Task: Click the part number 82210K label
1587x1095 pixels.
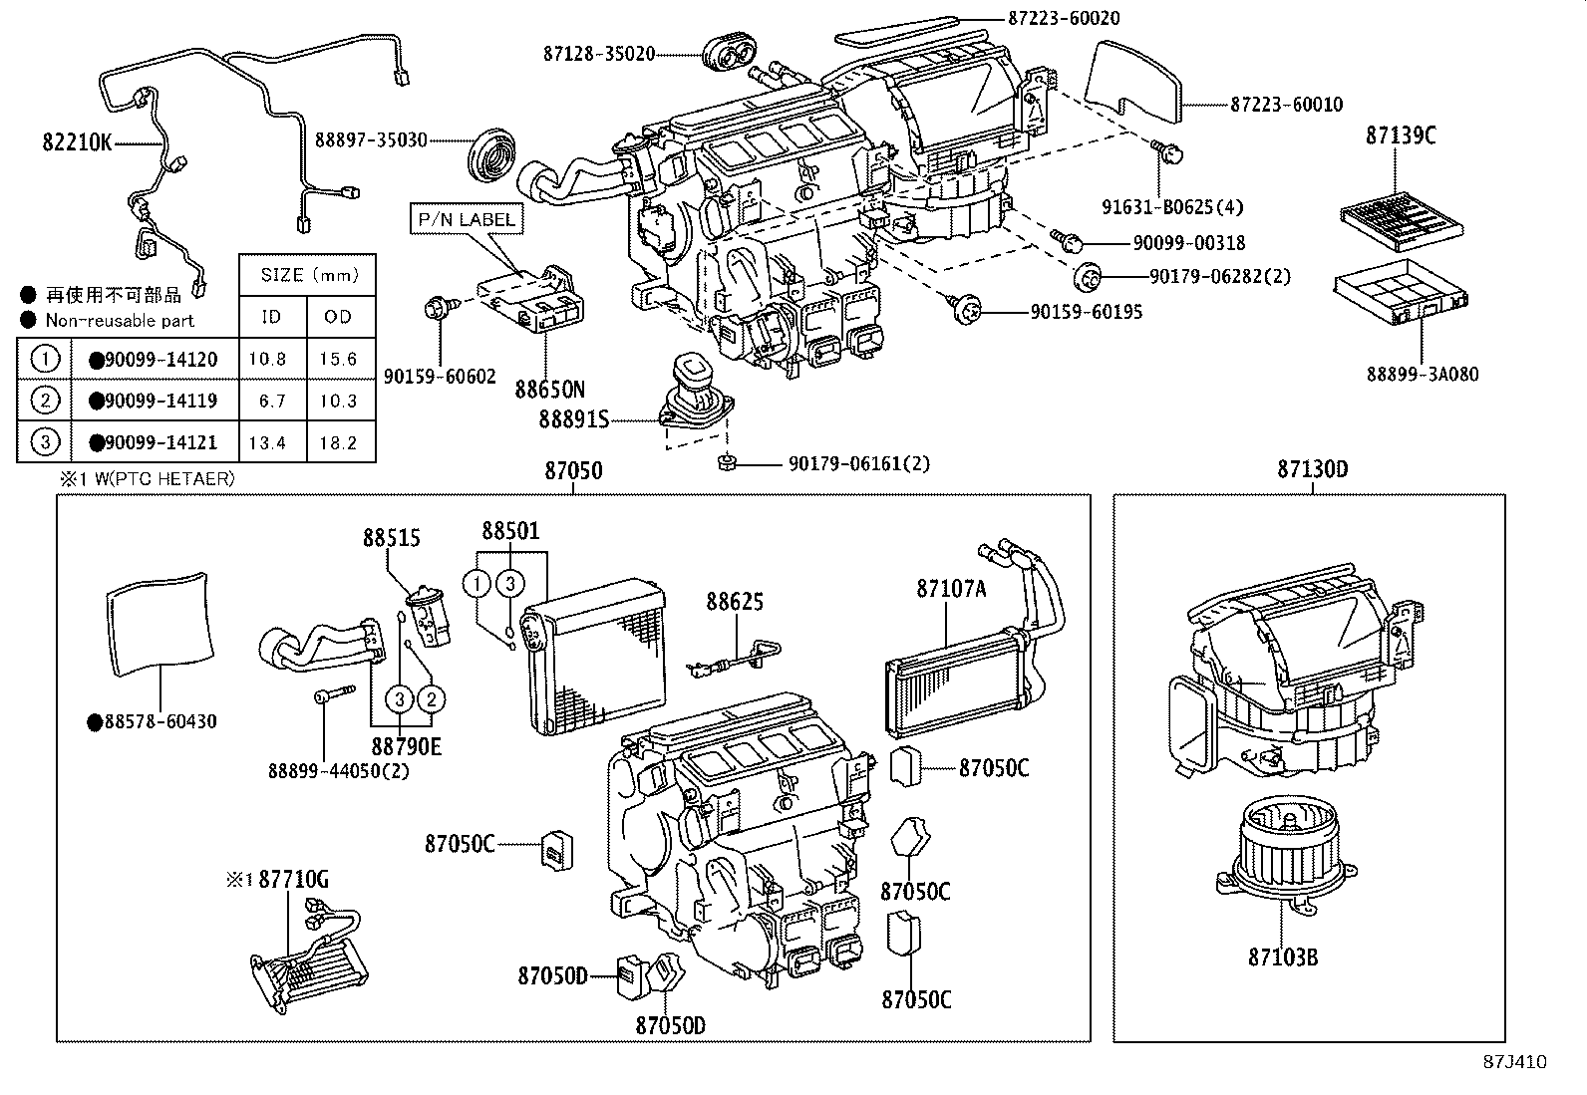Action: coord(76,142)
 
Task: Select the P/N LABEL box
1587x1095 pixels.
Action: coord(466,218)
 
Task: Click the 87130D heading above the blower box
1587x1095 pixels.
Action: coord(1312,468)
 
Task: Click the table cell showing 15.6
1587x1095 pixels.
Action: coord(338,359)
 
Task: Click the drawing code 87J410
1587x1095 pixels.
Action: coord(1513,1062)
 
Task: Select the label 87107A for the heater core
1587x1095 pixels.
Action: coord(951,589)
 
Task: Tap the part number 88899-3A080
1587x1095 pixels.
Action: coord(1422,375)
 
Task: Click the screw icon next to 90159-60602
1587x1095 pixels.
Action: coord(438,308)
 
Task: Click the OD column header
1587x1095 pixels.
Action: coord(338,317)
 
